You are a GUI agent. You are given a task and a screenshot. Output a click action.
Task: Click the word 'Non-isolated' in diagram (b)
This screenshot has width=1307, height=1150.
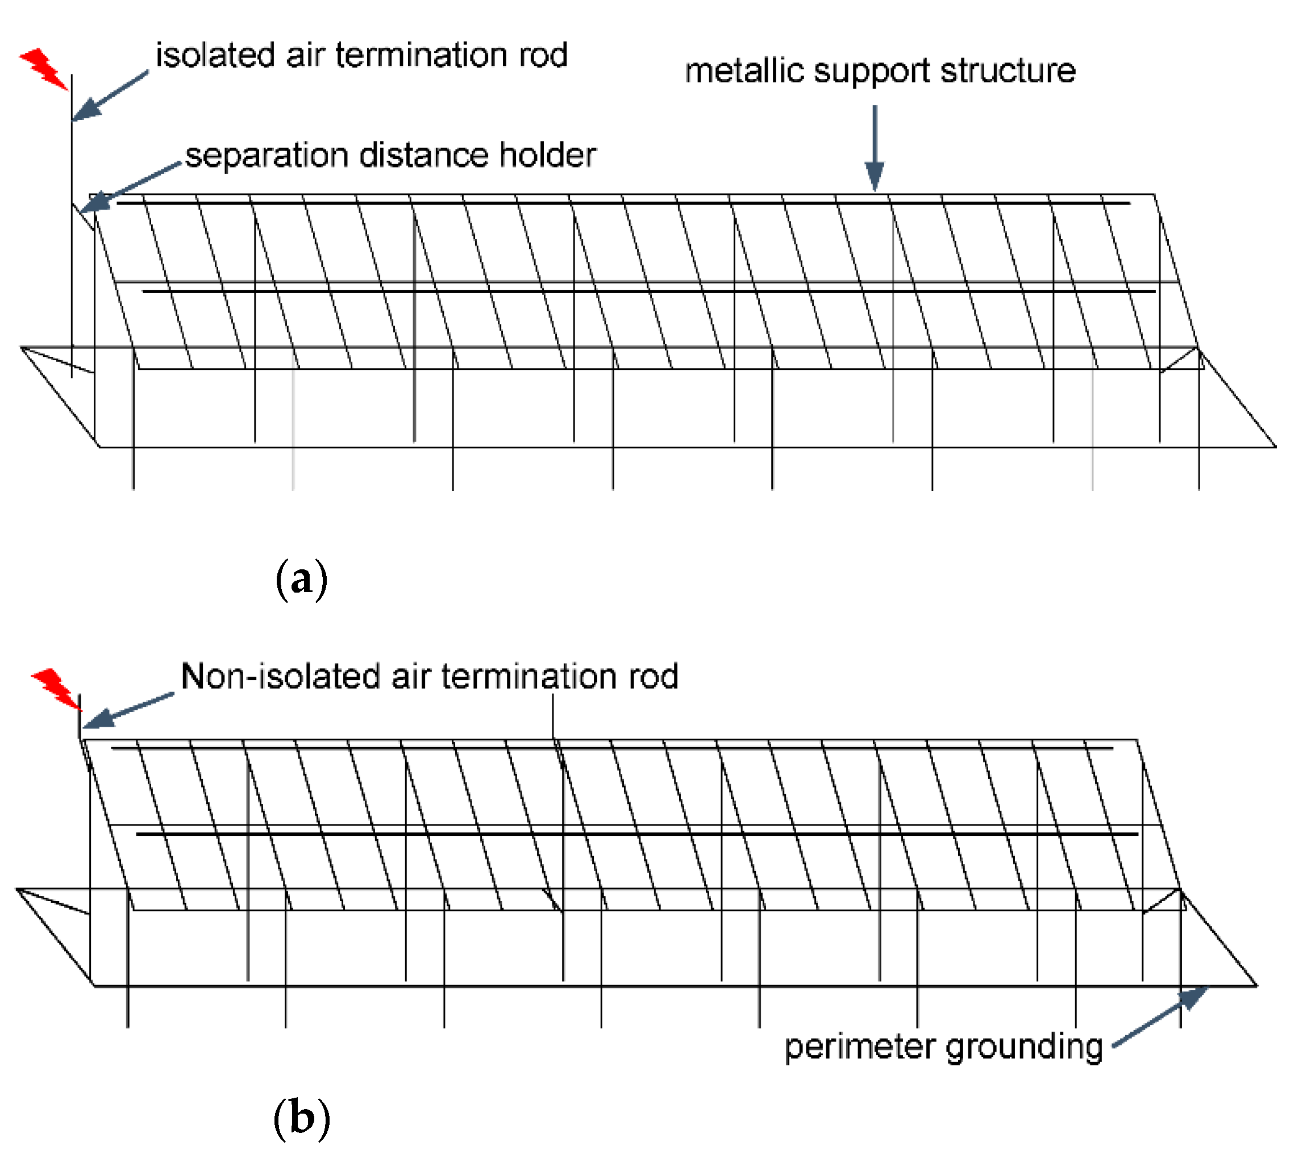click(x=281, y=676)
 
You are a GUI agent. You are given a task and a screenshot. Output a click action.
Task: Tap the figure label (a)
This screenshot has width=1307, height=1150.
click(x=301, y=578)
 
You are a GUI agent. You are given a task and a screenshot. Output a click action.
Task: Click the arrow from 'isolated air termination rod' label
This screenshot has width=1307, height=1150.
click(x=109, y=96)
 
